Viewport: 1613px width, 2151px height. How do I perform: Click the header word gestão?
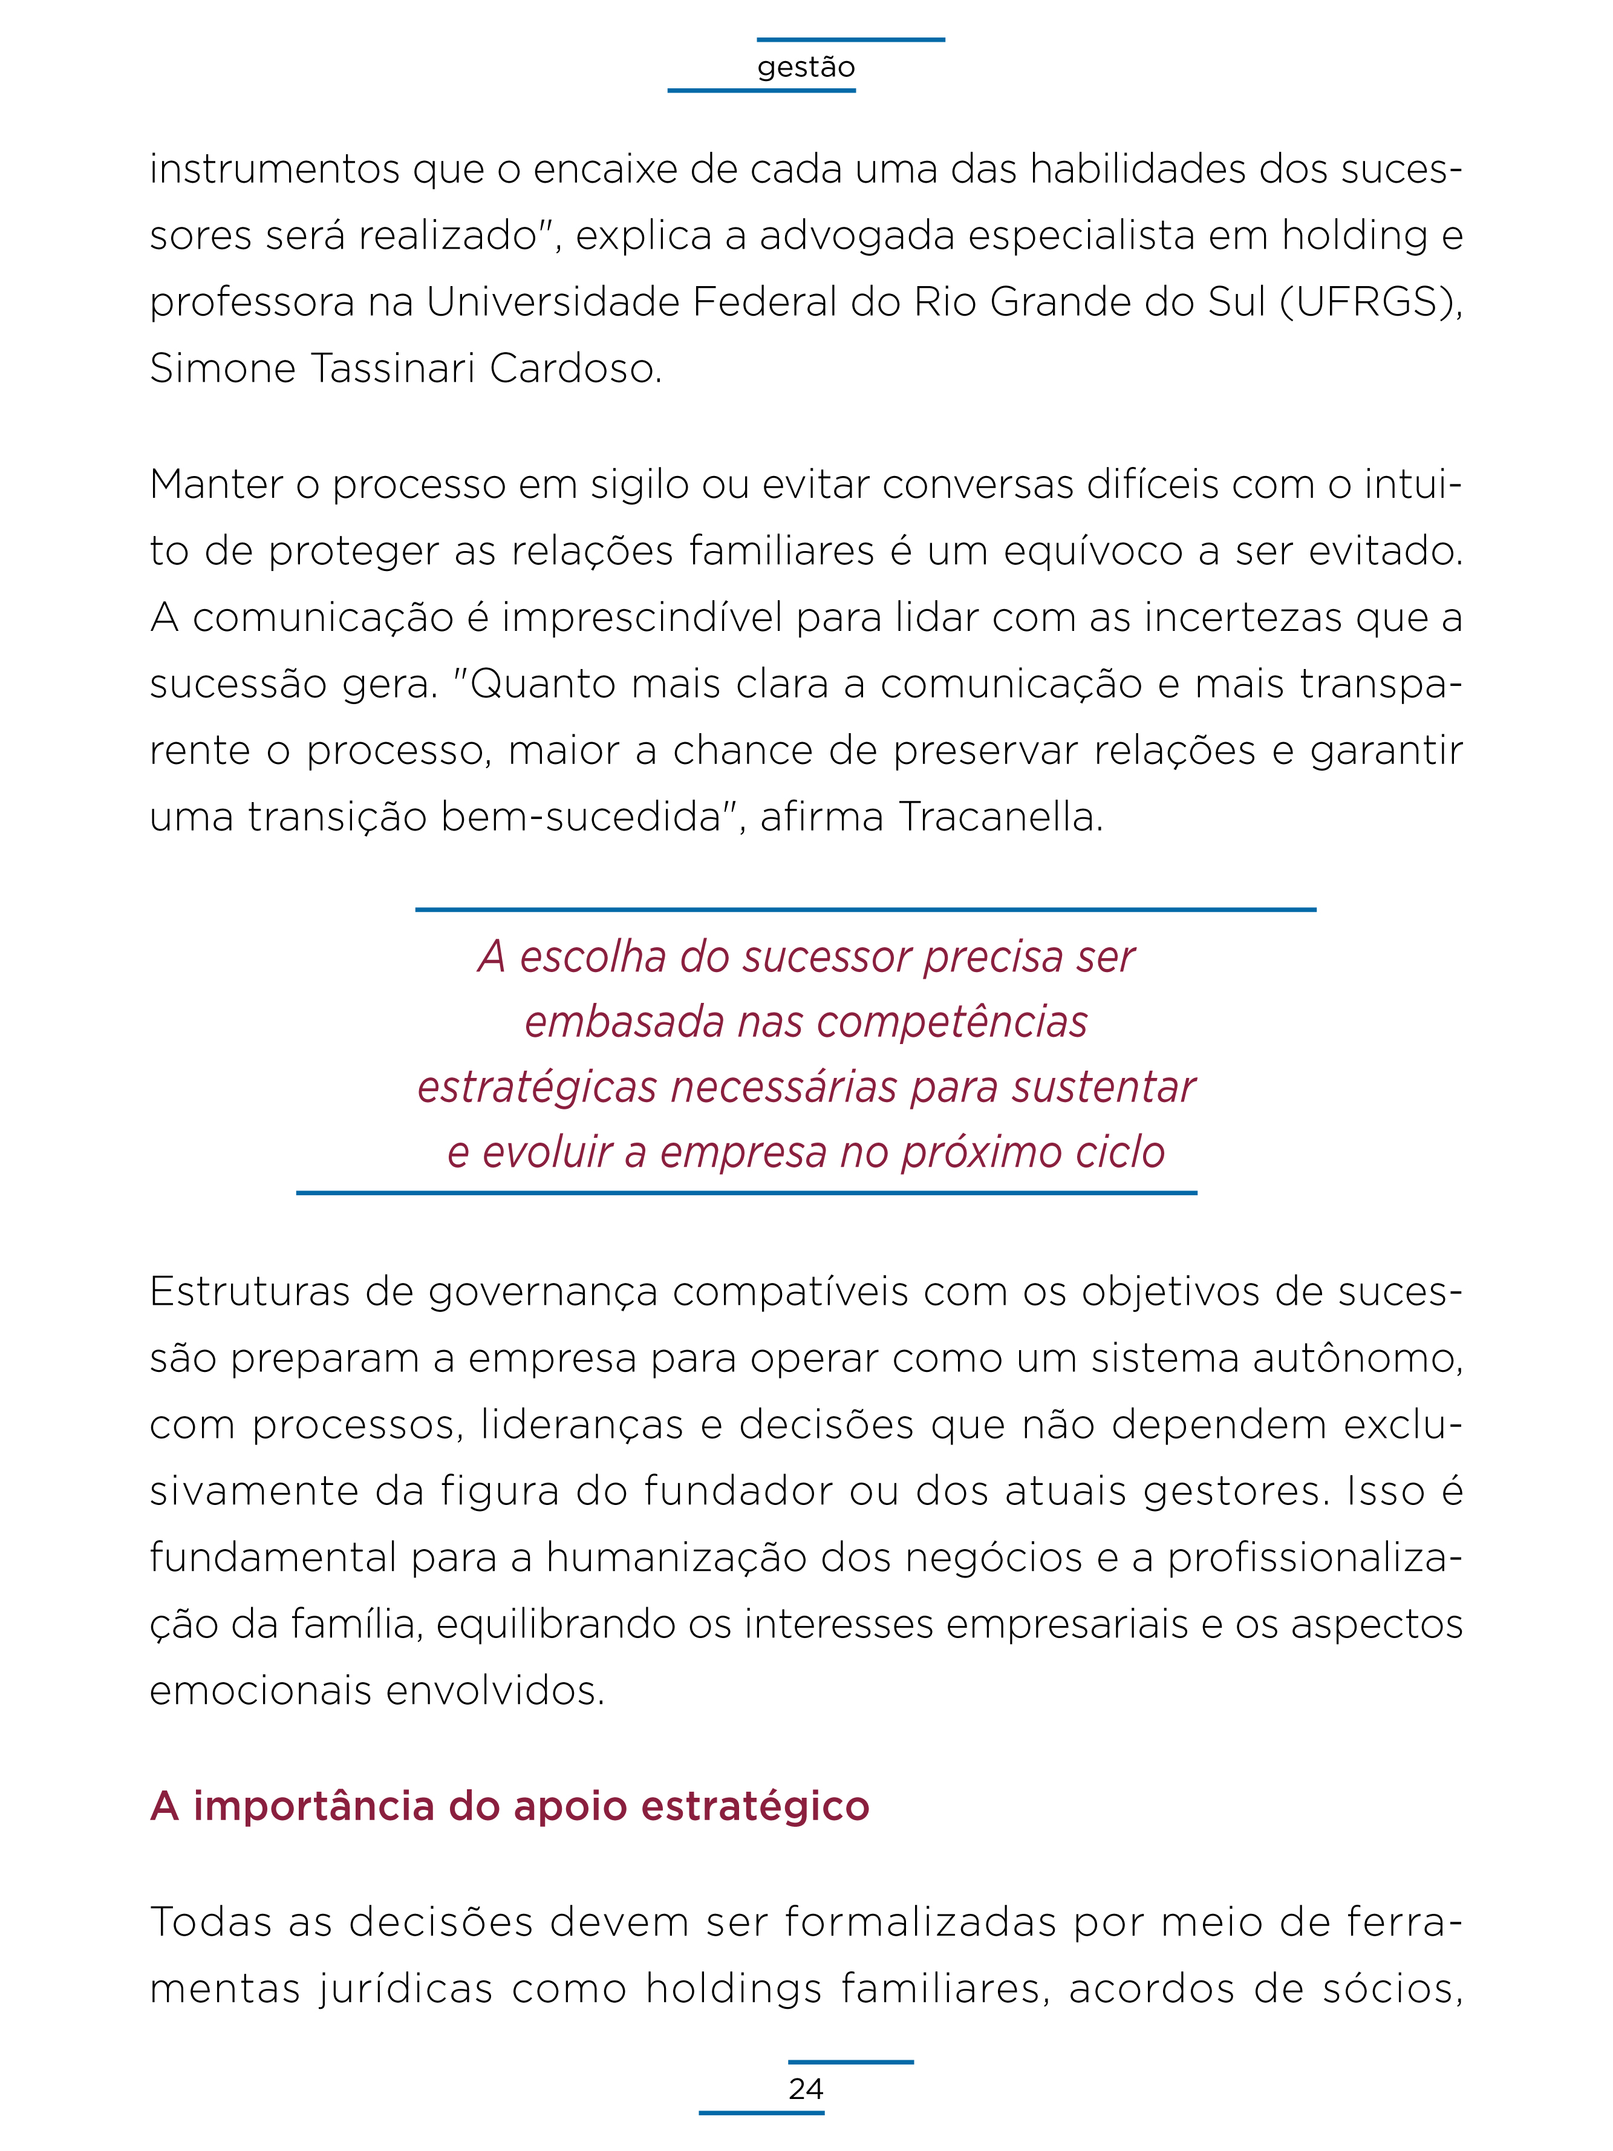coord(806,67)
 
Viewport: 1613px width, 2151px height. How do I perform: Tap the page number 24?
coord(806,2089)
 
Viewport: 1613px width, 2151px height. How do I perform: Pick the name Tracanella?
coord(1000,817)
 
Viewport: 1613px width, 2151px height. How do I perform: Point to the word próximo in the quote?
coord(973,1152)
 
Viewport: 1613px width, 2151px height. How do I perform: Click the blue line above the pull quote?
coord(865,909)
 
